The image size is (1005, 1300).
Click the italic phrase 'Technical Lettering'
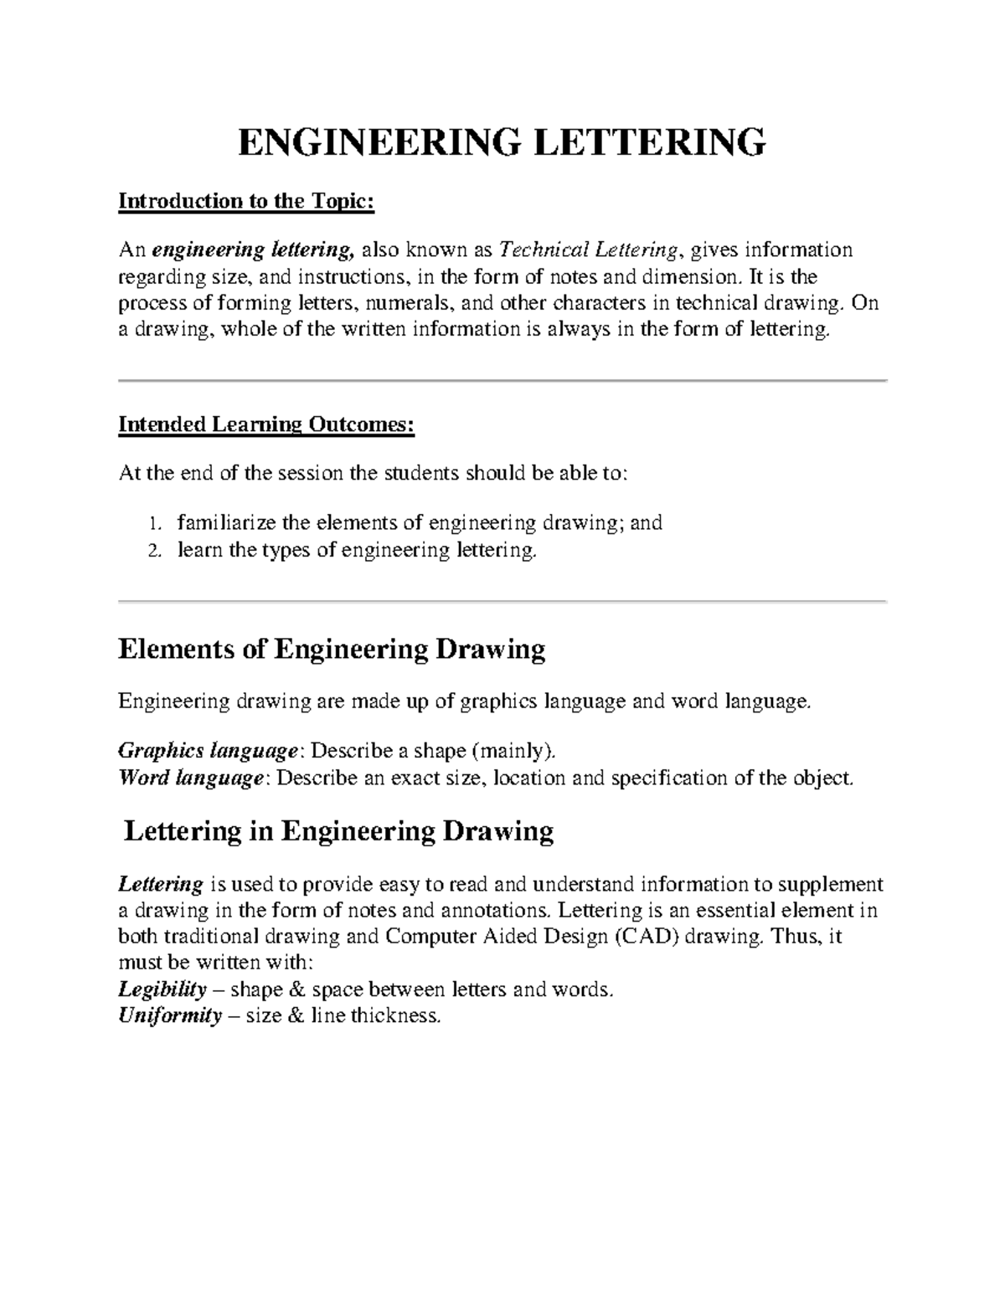pyautogui.click(x=588, y=249)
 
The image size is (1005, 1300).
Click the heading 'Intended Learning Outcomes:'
pyautogui.click(x=266, y=424)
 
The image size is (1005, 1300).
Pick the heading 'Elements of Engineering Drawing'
pyautogui.click(x=332, y=650)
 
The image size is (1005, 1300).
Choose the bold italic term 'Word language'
pyautogui.click(x=191, y=778)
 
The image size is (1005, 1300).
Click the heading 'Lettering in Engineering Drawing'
pyautogui.click(x=338, y=831)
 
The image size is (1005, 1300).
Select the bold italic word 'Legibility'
pyautogui.click(x=162, y=989)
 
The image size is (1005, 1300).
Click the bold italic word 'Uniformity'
pyautogui.click(x=170, y=1016)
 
